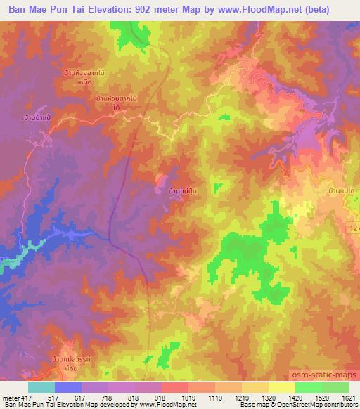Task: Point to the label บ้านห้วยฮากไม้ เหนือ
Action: coord(88,76)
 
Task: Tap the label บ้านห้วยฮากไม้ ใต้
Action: coord(116,103)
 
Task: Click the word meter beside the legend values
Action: coord(11,397)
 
